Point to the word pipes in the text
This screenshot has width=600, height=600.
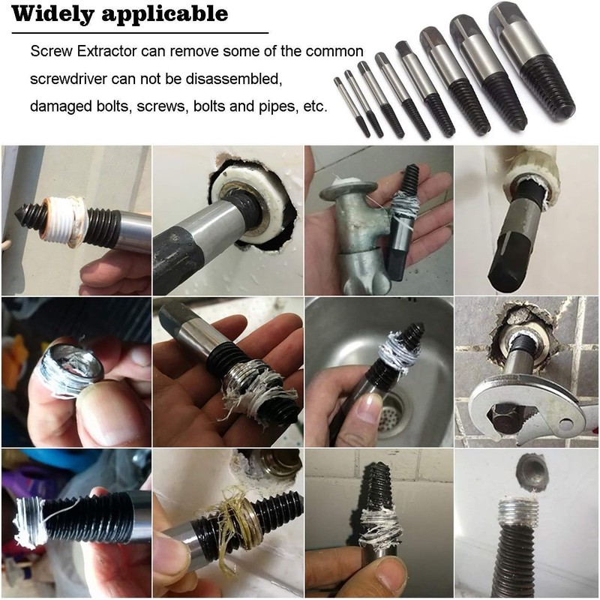[x=268, y=106]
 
